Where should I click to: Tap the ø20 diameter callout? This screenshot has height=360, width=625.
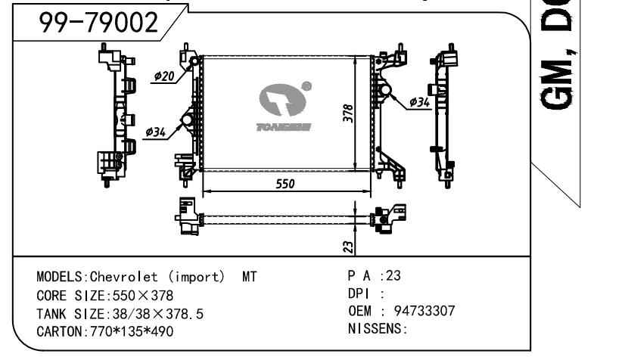164,76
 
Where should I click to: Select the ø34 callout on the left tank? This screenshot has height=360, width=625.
156,133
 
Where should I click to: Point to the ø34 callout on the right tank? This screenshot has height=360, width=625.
421,101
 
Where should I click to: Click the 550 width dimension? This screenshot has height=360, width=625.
285,184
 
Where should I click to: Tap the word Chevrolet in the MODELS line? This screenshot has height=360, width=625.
119,277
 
